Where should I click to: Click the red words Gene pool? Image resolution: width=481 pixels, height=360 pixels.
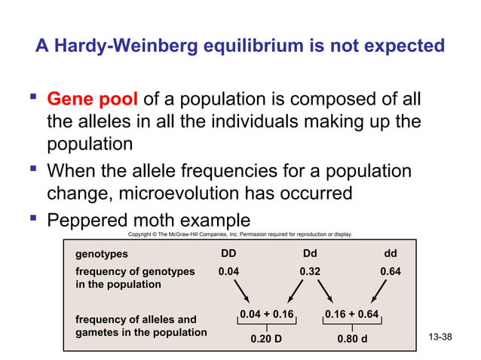pos(92,99)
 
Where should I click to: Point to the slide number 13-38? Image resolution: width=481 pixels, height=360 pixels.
pos(440,336)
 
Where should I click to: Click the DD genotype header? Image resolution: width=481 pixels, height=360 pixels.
pos(228,254)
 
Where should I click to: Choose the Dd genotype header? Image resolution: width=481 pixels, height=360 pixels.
pos(311,254)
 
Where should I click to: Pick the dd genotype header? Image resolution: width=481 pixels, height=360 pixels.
pos(390,254)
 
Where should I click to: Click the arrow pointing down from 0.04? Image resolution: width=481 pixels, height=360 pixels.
pos(244,291)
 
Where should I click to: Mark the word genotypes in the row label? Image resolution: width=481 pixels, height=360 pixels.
pos(102,255)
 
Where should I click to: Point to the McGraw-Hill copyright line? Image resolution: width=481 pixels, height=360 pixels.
pos(240,235)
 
